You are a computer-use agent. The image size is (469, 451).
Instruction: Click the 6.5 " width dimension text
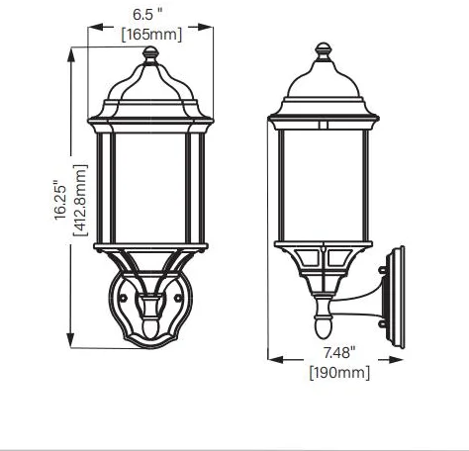(x=147, y=16)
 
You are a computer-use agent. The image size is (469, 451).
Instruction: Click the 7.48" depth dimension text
(x=338, y=353)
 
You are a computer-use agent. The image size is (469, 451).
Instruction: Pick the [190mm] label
(x=339, y=372)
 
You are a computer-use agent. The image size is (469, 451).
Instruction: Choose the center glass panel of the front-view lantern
(x=148, y=188)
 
